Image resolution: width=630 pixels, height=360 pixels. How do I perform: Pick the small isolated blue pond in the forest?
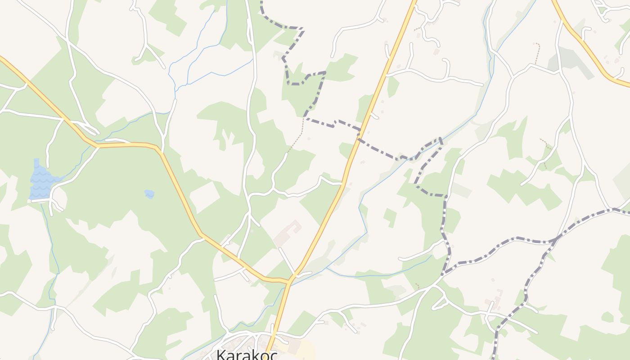[149, 193]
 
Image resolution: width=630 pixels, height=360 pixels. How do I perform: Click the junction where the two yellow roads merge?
[291, 280]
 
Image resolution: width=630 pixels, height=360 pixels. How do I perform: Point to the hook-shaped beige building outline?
[290, 231]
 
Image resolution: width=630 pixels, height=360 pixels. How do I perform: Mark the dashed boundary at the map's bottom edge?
[495, 355]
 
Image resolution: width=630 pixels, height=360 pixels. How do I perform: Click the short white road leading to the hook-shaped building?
[286, 259]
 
